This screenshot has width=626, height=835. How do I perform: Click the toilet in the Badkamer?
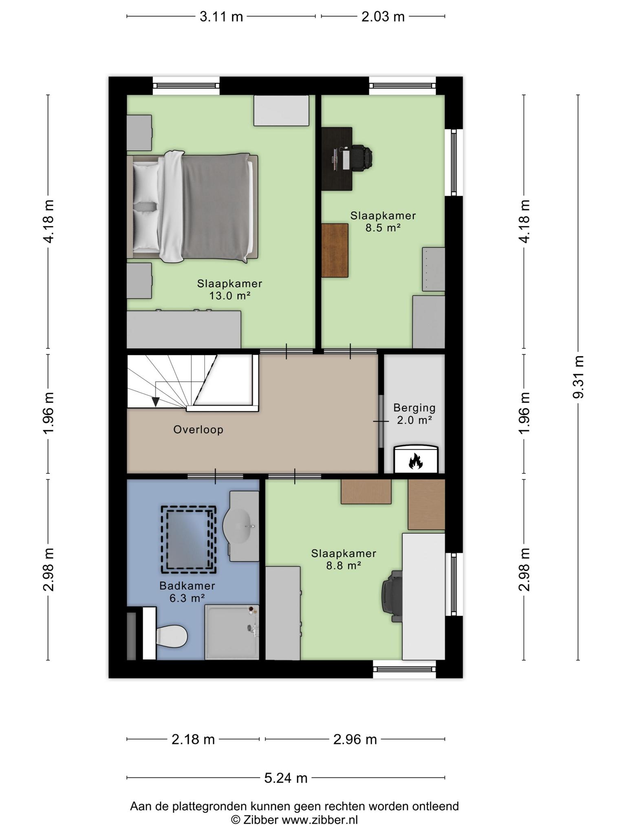[172, 635]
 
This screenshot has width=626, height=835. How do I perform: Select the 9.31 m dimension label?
[578, 377]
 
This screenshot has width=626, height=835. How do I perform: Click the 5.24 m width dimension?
[286, 778]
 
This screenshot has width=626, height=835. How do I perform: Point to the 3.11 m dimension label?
[221, 17]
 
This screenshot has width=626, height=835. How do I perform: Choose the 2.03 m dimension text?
[383, 17]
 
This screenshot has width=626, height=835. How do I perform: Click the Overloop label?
[198, 430]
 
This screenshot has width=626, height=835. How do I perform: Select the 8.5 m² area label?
[383, 228]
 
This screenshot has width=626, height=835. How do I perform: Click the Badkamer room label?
[187, 586]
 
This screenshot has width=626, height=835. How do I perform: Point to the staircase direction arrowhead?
[156, 402]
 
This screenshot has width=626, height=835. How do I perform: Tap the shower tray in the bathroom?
[232, 632]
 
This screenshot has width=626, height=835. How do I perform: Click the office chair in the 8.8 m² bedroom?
[392, 596]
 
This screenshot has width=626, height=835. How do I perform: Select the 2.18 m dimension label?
[193, 739]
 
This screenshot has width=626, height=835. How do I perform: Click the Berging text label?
[414, 408]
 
